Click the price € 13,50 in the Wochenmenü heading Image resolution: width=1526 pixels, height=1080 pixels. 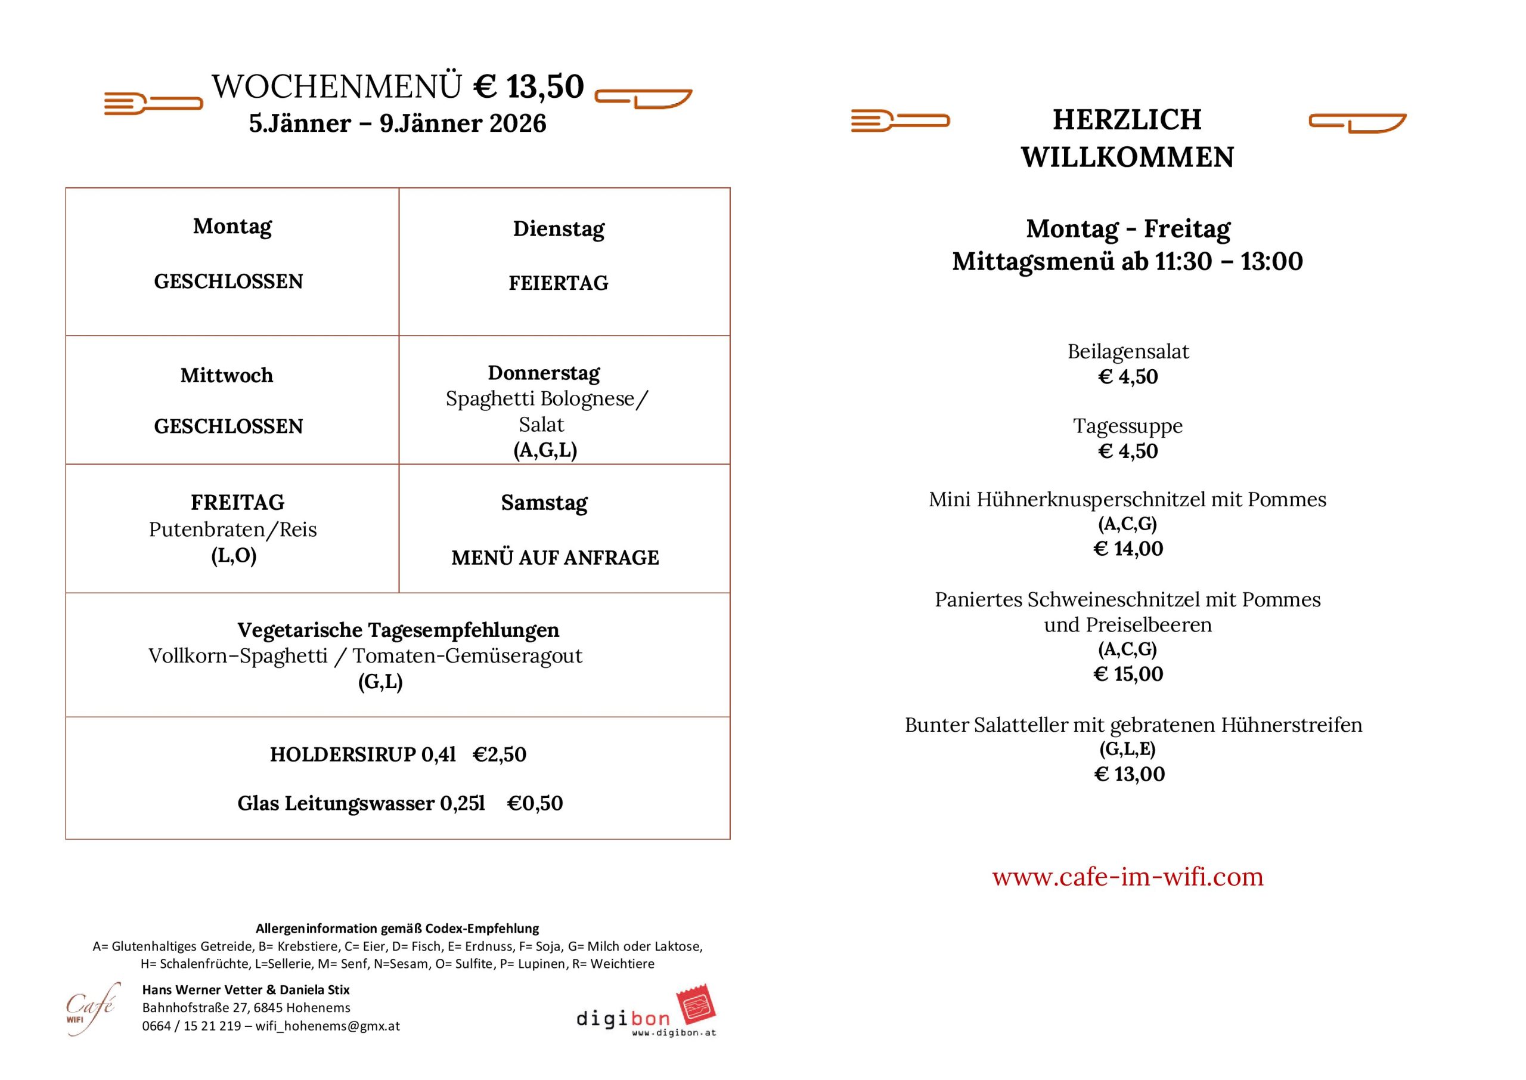(x=529, y=86)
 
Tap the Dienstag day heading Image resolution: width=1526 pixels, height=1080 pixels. (x=559, y=229)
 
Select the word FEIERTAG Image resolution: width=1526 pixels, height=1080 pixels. (x=559, y=283)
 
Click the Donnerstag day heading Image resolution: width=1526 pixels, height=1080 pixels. (x=544, y=373)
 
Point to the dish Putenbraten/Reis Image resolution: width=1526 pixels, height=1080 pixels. (x=232, y=530)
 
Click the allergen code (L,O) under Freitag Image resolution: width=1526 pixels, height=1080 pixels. (x=233, y=555)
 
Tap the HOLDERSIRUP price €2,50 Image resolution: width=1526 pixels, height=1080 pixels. (x=499, y=754)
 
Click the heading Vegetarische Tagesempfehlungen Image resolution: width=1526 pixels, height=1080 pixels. (x=398, y=630)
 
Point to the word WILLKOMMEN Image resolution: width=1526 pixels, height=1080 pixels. (x=1127, y=157)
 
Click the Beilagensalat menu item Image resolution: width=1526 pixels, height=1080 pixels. (x=1128, y=351)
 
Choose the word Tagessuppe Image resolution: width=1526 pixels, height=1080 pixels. (x=1128, y=426)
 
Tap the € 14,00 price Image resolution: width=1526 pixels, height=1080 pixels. (x=1128, y=549)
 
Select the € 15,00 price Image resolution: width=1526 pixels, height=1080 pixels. (x=1128, y=674)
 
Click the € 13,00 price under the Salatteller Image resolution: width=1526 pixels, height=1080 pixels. (x=1128, y=774)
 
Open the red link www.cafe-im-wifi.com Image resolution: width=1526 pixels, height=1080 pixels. (x=1127, y=877)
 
